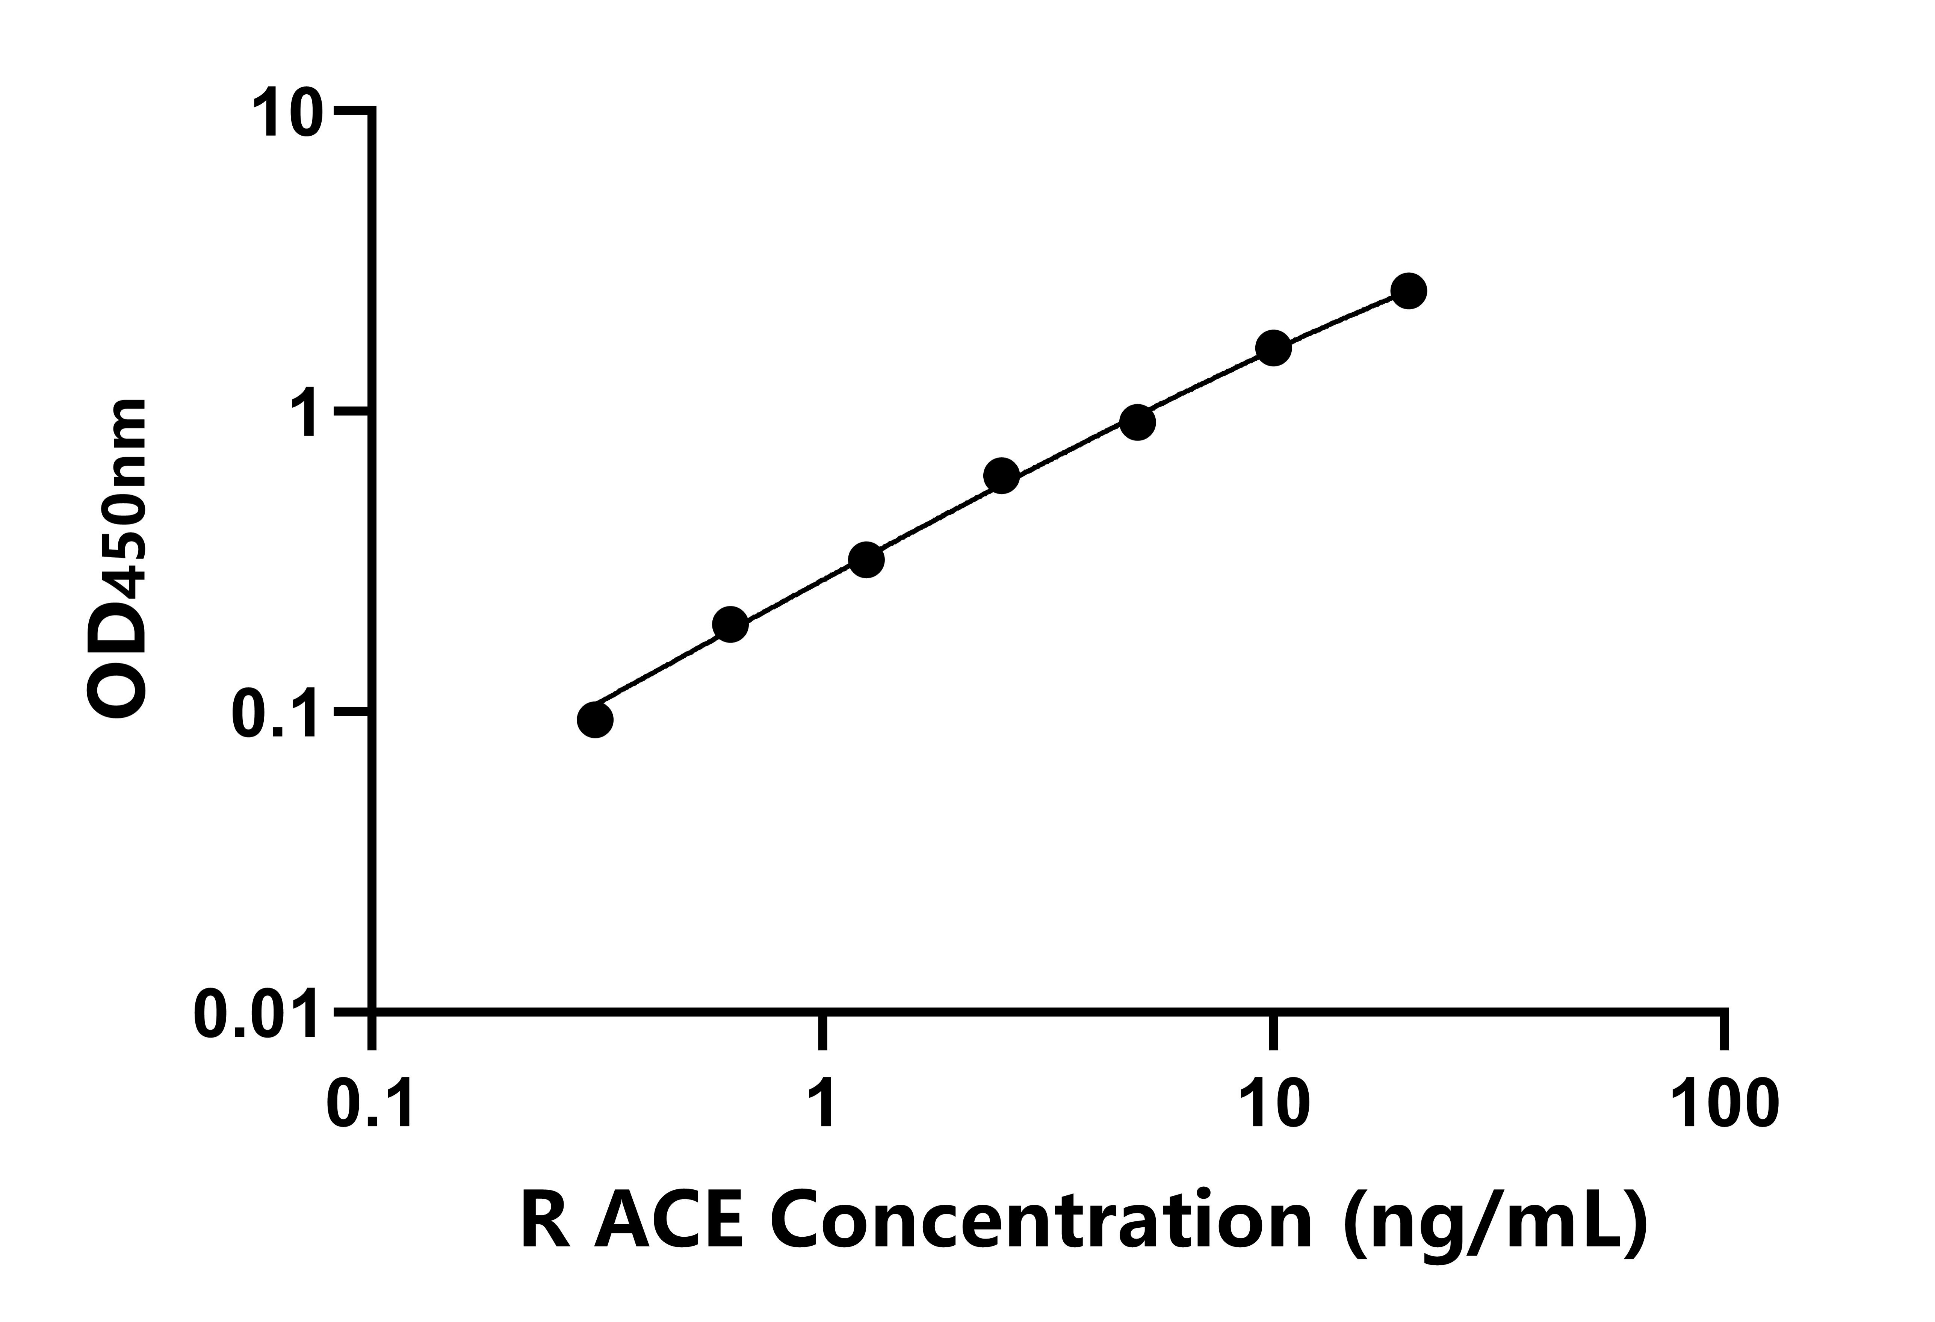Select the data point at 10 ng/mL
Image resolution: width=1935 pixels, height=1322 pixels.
(1273, 348)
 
